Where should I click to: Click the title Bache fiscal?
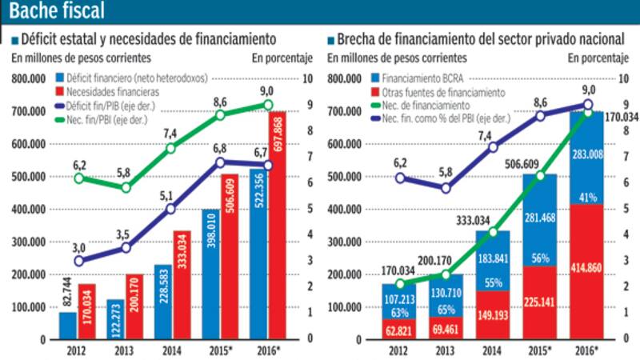point(57,12)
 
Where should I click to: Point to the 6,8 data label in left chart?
point(220,148)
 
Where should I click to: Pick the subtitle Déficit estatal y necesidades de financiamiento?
point(148,38)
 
